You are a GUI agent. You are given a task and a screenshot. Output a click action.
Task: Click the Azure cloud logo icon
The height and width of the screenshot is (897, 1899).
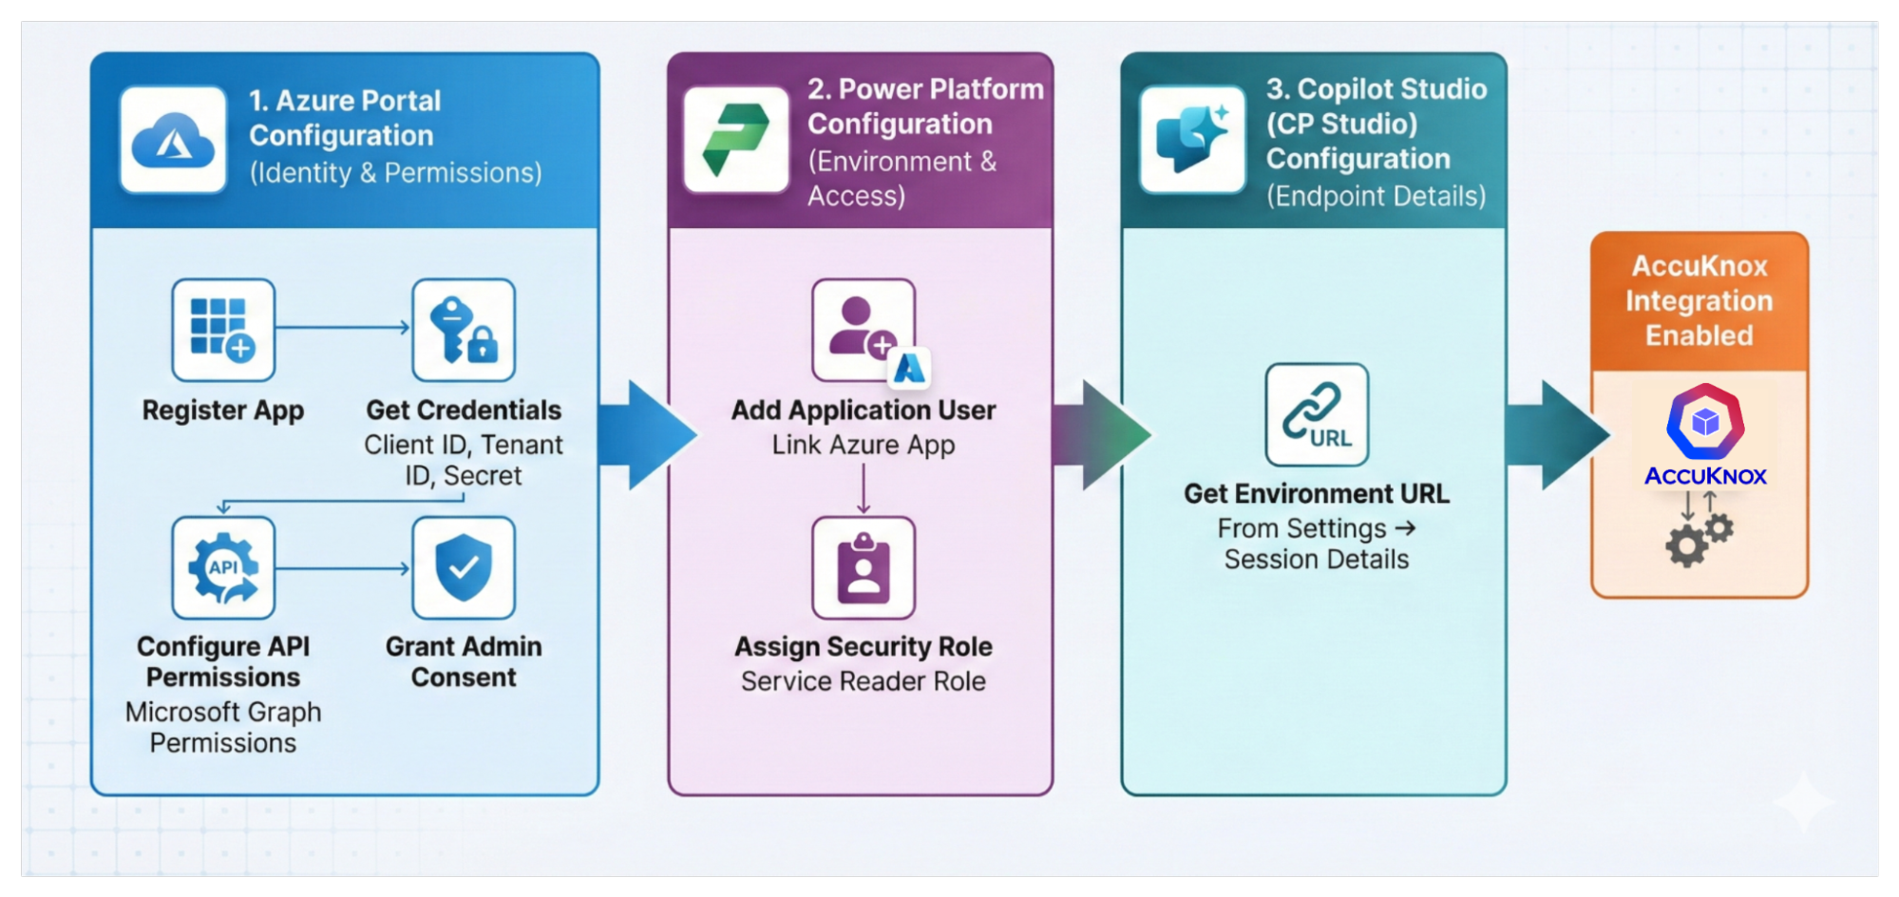(x=173, y=141)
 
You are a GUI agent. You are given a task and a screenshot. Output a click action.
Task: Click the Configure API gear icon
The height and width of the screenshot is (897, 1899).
(x=223, y=568)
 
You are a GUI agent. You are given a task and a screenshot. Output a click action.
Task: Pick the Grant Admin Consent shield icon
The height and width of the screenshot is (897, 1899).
(x=464, y=568)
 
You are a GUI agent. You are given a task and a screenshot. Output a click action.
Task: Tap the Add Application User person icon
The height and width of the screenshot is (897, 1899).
(x=863, y=329)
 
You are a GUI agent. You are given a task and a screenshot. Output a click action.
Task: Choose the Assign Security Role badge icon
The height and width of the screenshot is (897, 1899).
(x=863, y=568)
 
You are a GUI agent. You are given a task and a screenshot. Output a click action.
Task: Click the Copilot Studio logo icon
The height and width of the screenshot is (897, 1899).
(x=1192, y=140)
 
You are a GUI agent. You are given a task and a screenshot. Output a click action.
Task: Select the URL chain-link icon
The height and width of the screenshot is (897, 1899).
(x=1317, y=414)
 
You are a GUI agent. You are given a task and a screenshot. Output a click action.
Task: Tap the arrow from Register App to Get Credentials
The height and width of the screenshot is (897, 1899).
(x=342, y=328)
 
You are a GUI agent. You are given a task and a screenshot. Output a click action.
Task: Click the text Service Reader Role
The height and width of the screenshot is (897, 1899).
(x=863, y=681)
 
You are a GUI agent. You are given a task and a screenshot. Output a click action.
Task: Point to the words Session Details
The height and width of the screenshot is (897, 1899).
(x=1316, y=560)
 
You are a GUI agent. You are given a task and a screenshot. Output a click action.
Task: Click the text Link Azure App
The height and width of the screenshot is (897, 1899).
(x=863, y=445)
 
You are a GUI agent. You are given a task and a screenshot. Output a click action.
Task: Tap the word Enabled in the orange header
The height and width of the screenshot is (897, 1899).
(x=1699, y=335)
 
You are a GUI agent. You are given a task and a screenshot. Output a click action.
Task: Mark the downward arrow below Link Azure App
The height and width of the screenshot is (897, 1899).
(x=863, y=490)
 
